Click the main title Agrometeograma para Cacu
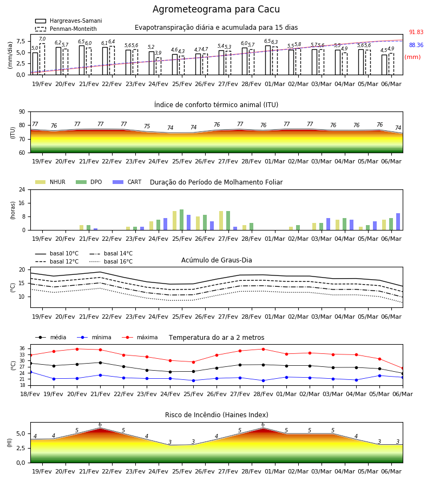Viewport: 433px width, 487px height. tap(216, 9)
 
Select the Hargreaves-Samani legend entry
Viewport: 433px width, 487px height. tap(68, 21)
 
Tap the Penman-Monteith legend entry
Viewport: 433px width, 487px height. tap(66, 29)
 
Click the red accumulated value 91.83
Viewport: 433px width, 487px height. tap(416, 32)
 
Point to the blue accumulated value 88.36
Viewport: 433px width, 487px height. tap(416, 45)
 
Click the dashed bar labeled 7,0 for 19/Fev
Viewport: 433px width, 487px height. tap(42, 59)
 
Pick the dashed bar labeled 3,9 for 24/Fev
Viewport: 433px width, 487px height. tap(159, 66)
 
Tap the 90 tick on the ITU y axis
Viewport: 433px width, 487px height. tap(22, 112)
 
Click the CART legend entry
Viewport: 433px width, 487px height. tap(127, 182)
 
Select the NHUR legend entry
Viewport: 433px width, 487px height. tap(50, 182)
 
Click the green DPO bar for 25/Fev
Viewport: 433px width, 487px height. tap(182, 220)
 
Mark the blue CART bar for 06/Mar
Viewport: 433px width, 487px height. tap(398, 222)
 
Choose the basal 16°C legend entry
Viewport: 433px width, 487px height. tap(111, 261)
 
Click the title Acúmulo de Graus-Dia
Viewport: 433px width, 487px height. tap(216, 260)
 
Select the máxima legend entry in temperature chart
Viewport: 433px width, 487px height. tap(140, 337)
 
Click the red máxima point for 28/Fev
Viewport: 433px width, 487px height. tap(264, 349)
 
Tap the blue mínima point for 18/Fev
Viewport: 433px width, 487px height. tap(30, 372)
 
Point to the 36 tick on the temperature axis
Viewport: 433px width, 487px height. tap(22, 348)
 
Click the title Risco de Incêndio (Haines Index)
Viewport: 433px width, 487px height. tap(216, 415)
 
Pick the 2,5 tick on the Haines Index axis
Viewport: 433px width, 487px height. tap(21, 448)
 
